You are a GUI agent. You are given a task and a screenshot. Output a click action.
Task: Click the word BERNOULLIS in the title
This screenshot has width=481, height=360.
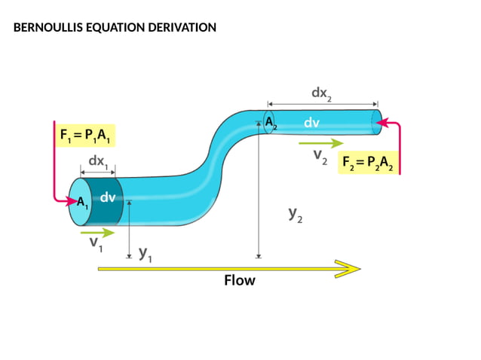[x=44, y=28]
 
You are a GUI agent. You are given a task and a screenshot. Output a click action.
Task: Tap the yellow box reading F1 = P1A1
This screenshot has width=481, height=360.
[x=85, y=136]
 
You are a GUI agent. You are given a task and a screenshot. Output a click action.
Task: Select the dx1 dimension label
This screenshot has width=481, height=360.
[x=97, y=161]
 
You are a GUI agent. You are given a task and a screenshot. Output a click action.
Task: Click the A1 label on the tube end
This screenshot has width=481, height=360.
[x=82, y=202]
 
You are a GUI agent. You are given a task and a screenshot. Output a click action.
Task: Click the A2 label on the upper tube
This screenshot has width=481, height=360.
[x=270, y=123]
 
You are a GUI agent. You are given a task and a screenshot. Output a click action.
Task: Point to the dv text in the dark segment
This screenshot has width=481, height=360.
[x=108, y=198]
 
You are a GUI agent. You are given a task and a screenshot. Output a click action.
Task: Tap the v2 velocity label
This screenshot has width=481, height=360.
[x=320, y=157]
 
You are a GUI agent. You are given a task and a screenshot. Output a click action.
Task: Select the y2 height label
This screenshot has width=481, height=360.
[x=296, y=215]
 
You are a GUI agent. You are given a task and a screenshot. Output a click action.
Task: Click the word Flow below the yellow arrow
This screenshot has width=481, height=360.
[x=240, y=281]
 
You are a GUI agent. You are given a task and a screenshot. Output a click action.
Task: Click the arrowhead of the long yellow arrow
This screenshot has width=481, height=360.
[x=348, y=268]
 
